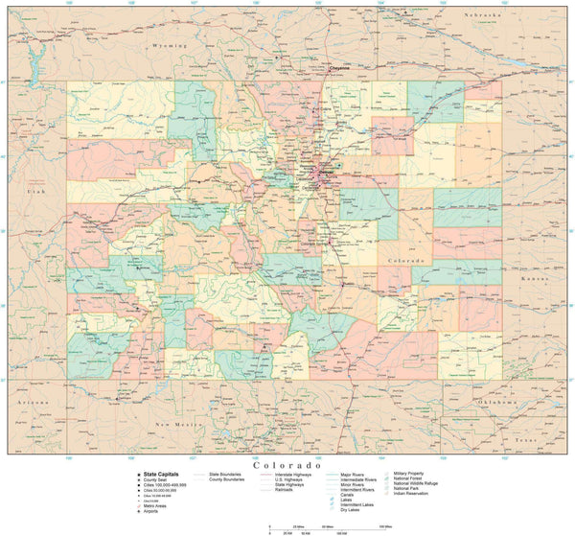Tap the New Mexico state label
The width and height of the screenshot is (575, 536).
[x=177, y=423]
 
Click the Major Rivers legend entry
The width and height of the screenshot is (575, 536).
[x=353, y=474]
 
